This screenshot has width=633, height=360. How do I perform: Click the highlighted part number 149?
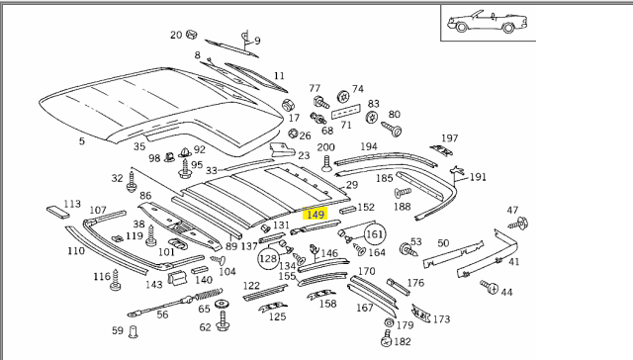coord(315,215)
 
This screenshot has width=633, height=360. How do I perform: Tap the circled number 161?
coord(375,234)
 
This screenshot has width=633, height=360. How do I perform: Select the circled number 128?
coord(268,259)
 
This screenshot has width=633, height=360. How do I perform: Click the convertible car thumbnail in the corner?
coord(487,22)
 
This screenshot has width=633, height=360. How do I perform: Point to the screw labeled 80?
coord(391,130)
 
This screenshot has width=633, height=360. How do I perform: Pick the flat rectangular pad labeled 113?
coord(58,212)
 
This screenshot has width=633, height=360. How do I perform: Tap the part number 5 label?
coord(82,140)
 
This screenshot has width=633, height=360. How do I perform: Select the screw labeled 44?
coord(489,287)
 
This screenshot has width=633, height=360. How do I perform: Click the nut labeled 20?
coord(192,35)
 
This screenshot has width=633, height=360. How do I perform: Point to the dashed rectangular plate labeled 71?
coord(345,112)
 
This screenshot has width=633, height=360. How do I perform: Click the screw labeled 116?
coord(116,280)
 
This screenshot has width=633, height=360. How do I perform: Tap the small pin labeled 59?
coord(133,331)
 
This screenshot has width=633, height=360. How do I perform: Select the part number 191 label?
coord(478,177)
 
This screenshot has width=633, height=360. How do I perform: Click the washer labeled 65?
coord(221,304)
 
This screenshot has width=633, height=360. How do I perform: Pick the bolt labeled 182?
coord(387,338)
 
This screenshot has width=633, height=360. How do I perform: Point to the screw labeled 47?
coord(518,224)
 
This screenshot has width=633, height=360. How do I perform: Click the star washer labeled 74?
coord(343,97)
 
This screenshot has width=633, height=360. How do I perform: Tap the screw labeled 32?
coord(132,182)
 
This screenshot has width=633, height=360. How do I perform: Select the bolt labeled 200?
coord(326,163)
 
